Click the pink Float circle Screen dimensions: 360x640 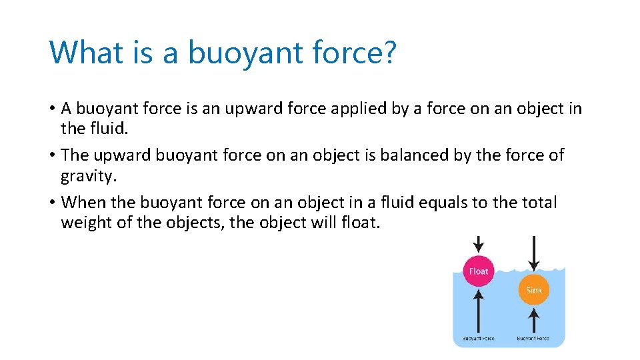(479, 271)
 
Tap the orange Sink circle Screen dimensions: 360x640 (534, 290)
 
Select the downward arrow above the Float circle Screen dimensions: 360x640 (479, 245)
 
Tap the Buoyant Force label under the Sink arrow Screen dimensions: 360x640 (533, 338)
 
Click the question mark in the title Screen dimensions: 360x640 (389, 52)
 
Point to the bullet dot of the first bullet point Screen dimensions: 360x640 (52, 108)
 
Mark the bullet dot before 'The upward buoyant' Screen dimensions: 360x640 (52, 155)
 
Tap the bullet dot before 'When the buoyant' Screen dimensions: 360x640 (52, 203)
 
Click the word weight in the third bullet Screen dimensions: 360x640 (86, 223)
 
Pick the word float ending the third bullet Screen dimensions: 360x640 (363, 223)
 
